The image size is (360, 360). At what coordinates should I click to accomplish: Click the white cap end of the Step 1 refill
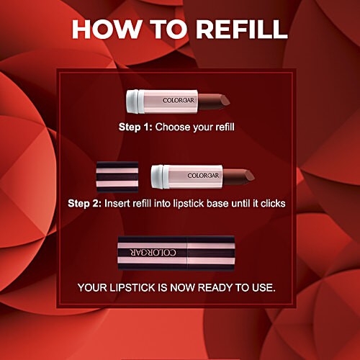coord(132,99)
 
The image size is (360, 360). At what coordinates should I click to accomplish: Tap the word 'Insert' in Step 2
coord(119,203)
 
